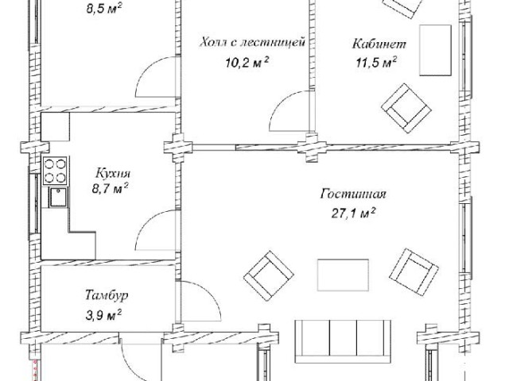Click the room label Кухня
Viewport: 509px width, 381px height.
(113, 174)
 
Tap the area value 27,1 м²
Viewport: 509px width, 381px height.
(353, 214)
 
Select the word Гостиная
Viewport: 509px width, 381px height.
(353, 194)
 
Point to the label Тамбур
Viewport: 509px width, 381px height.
(107, 295)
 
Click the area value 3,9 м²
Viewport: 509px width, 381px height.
(103, 315)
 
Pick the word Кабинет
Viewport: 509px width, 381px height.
(379, 44)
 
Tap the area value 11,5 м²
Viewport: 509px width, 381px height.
(376, 62)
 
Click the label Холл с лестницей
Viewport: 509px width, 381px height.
(253, 42)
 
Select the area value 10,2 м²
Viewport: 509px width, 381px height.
(247, 62)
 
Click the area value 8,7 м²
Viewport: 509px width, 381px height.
(110, 188)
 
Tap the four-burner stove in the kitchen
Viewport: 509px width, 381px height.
(55, 171)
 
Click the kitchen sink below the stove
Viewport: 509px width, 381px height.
(58, 198)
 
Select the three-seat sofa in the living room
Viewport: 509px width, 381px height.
(343, 342)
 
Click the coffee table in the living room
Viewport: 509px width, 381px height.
(343, 275)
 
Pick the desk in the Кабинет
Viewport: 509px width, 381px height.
(435, 50)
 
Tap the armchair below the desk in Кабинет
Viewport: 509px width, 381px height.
(406, 108)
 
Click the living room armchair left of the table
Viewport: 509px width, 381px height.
(269, 275)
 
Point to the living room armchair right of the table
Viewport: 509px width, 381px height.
(414, 271)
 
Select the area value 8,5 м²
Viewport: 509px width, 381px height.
(104, 9)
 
